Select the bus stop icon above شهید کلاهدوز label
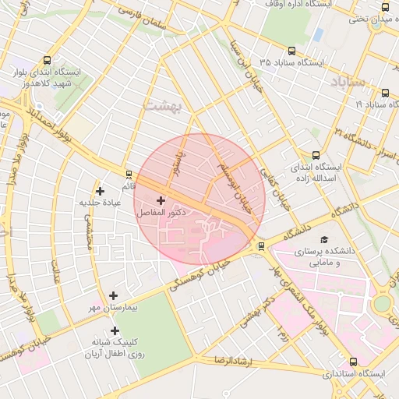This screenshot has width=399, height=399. tap(48, 60)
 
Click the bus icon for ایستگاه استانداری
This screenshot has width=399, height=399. tap(354, 362)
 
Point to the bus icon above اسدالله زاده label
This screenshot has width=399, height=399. tap(315, 155)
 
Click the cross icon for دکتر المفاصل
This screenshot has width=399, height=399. tap(161, 200)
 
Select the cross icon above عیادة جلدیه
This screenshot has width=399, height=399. tap(99, 191)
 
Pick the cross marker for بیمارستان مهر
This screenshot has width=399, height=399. tap(114, 295)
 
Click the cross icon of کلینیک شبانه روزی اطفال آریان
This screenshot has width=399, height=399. tap(115, 330)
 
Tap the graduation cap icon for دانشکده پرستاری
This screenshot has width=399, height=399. tap(324, 240)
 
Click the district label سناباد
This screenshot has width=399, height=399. tap(348, 81)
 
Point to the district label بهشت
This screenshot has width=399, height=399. tap(162, 104)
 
